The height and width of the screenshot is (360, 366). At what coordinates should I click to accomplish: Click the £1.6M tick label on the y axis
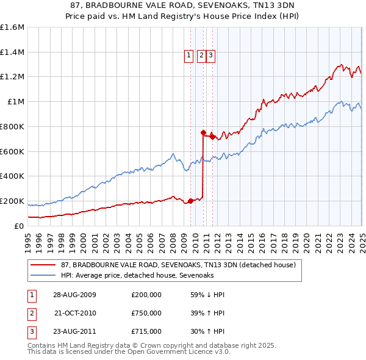pos(12,27)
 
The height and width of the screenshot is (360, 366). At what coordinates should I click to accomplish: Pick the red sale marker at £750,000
pos(203,132)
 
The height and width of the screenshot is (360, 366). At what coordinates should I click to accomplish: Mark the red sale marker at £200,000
pos(190,200)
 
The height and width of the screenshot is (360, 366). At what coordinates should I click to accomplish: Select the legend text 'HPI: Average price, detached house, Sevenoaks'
pos(137,275)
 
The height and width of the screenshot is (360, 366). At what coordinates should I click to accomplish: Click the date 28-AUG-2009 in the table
pos(74,295)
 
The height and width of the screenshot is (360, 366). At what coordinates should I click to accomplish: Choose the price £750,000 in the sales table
pos(146,313)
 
